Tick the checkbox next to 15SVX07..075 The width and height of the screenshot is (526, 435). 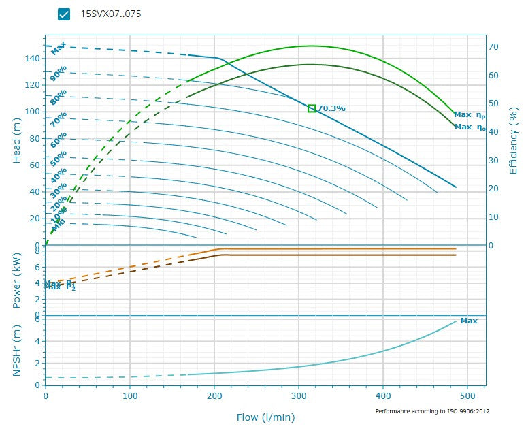click(64, 14)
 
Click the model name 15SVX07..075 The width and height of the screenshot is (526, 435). click(111, 14)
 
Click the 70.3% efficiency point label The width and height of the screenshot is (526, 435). click(332, 108)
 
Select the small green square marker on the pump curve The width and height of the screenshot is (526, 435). click(312, 108)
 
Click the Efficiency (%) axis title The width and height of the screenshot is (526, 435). click(514, 140)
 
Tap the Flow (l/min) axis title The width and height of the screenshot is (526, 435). click(265, 417)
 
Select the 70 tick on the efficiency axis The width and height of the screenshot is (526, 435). click(495, 47)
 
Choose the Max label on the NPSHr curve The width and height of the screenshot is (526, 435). click(469, 321)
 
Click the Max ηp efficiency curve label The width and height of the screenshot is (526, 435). click(470, 115)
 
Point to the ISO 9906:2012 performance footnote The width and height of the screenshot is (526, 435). click(432, 411)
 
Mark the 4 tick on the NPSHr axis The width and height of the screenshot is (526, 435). click(38, 342)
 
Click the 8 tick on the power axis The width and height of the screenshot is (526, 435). click(38, 251)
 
